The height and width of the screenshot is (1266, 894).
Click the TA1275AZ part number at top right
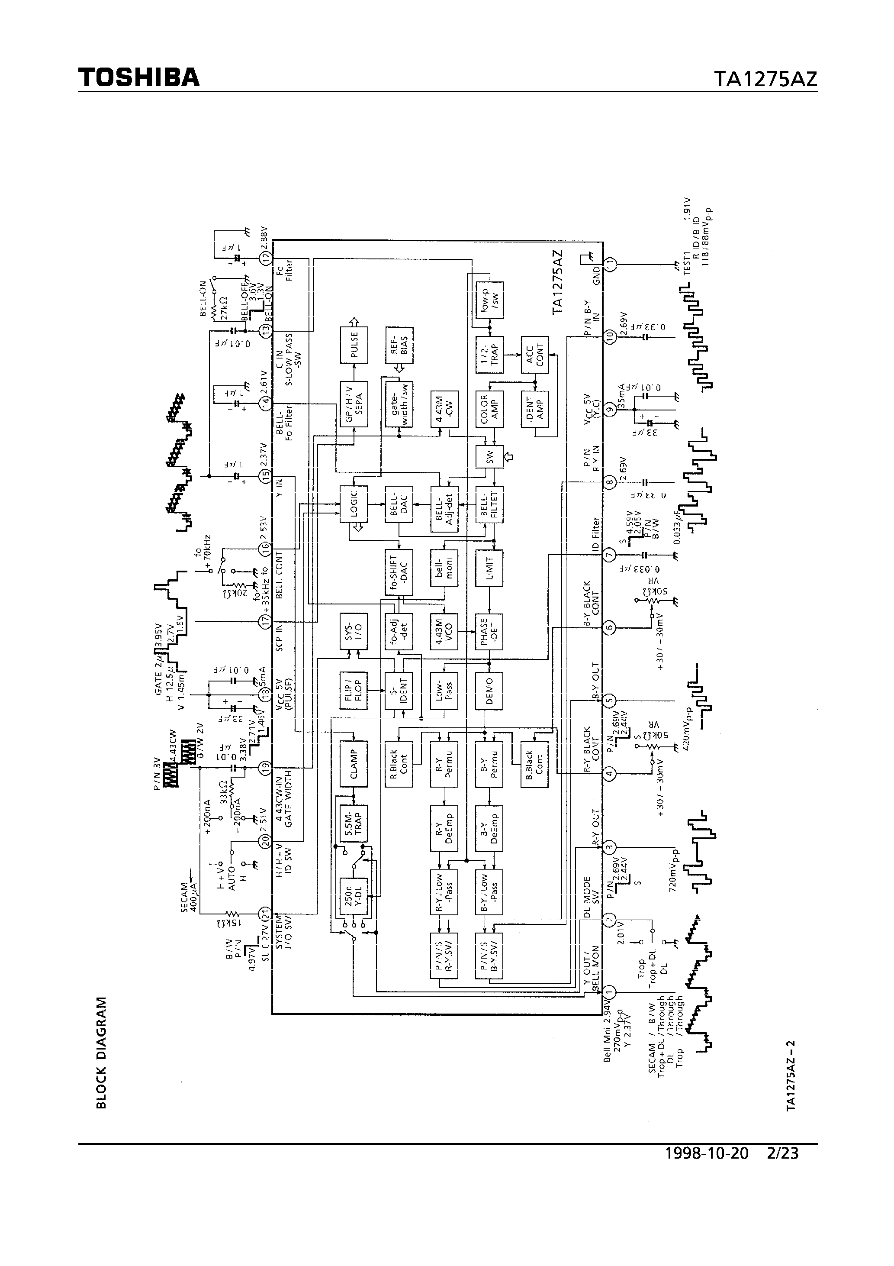[765, 79]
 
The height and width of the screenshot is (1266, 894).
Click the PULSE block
[354, 344]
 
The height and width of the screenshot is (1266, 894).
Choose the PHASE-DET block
[489, 632]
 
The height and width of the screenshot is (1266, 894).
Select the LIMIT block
[489, 568]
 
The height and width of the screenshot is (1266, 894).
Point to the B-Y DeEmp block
[489, 828]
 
